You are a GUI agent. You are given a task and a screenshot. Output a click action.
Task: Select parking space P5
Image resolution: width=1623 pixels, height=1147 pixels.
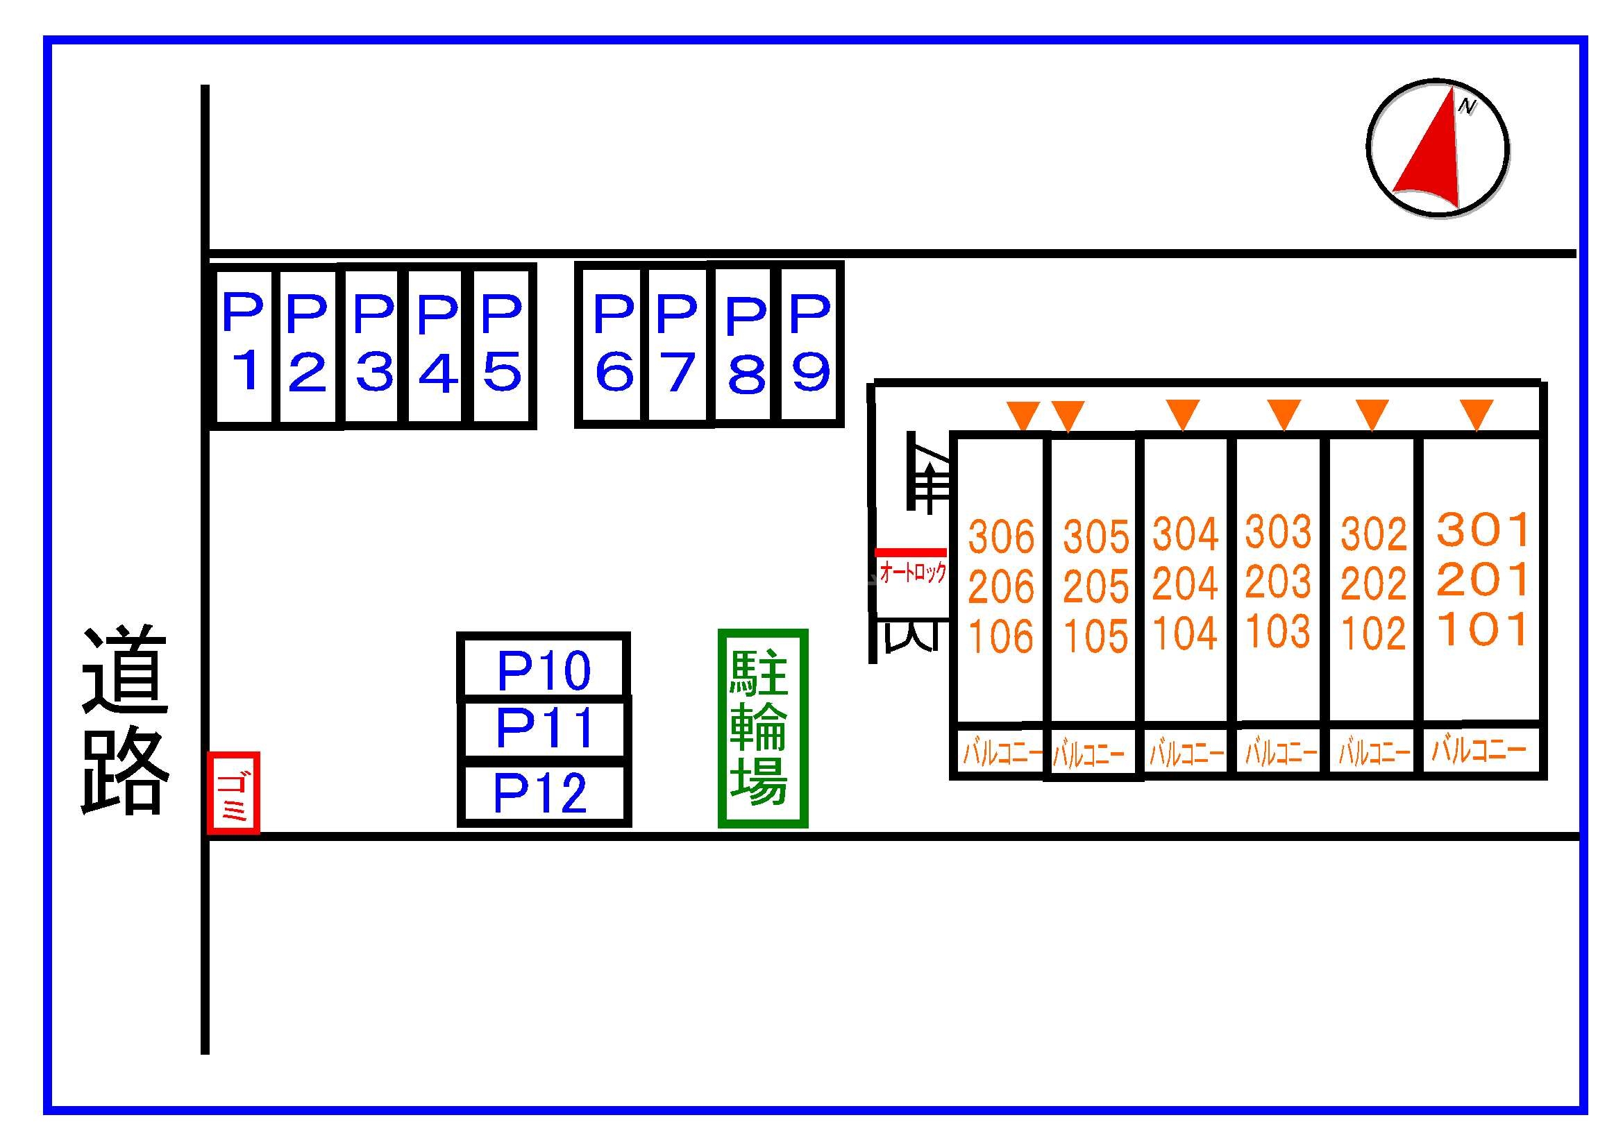point(501,346)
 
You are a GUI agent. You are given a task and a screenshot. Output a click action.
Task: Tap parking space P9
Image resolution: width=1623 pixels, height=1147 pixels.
point(811,344)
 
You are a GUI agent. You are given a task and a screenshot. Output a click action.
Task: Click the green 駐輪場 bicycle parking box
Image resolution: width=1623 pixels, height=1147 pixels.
point(763,728)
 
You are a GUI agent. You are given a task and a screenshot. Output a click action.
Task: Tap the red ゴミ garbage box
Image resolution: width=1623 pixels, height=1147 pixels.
point(233,793)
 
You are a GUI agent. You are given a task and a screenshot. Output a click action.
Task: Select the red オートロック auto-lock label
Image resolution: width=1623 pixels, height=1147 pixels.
point(913,572)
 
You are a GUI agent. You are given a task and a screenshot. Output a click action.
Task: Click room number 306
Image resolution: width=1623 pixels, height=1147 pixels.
point(1000,536)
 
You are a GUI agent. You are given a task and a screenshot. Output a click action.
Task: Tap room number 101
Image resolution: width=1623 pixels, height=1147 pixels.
point(1483,629)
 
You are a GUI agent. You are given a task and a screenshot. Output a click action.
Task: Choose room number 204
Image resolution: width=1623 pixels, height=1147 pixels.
point(1186,584)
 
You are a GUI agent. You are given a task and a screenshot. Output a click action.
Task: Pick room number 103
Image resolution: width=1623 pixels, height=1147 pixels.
point(1278,630)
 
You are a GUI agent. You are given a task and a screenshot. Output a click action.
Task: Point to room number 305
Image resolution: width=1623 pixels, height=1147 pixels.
point(1095,537)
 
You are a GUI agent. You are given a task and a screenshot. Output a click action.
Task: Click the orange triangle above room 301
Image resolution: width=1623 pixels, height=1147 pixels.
point(1477,413)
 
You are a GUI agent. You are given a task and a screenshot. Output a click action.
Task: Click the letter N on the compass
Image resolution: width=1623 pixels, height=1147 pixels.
point(1468,106)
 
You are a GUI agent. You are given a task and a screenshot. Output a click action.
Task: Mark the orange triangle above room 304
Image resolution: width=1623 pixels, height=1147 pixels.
point(1183,413)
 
